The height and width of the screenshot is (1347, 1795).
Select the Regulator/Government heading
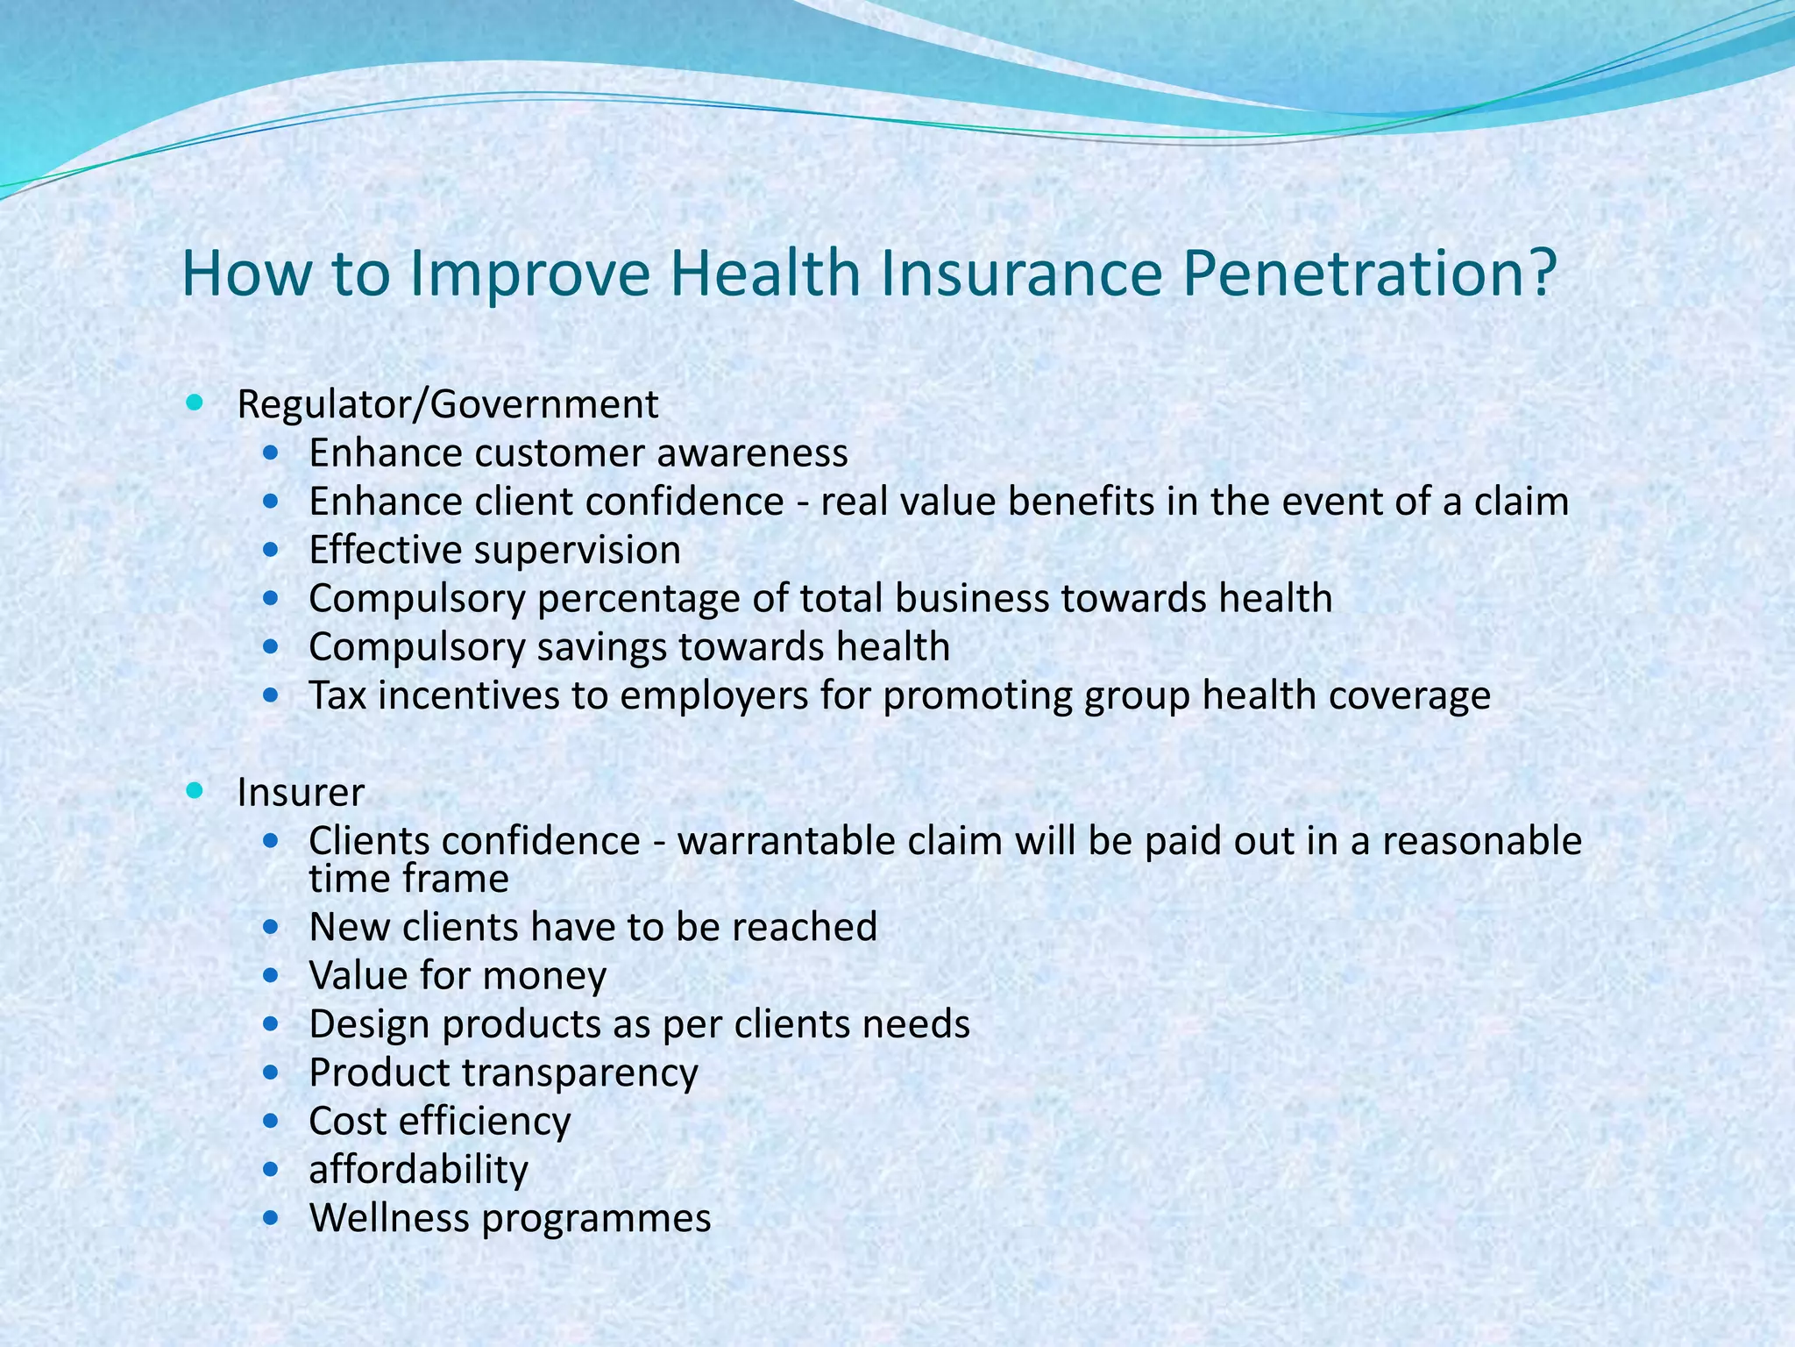click(x=447, y=405)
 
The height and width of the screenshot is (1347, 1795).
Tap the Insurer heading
click(x=301, y=793)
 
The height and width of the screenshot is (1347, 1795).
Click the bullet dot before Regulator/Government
click(x=195, y=403)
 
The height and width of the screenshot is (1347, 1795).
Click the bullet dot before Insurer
click(x=195, y=791)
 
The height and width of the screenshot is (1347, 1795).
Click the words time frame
click(x=408, y=879)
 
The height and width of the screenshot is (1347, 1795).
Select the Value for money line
click(x=457, y=976)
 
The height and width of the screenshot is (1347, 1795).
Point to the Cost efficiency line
click(x=439, y=1122)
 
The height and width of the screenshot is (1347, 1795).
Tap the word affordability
click(x=418, y=1170)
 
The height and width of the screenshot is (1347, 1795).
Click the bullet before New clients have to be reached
click(x=272, y=926)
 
